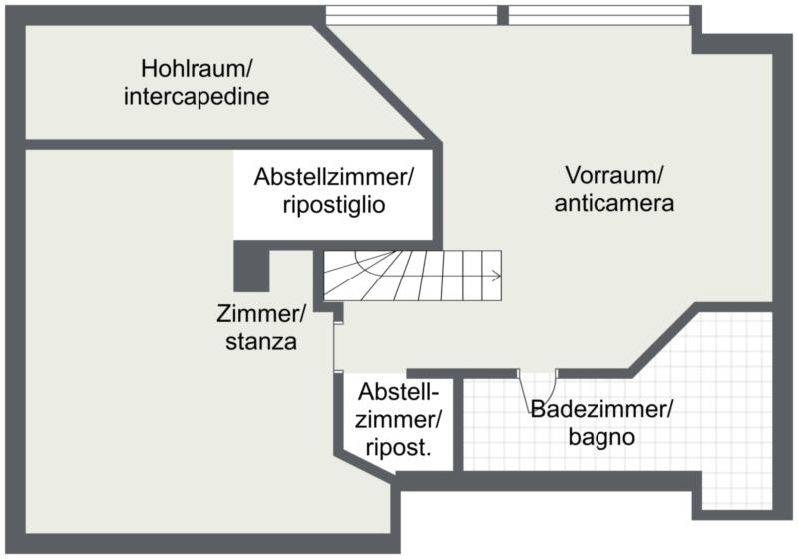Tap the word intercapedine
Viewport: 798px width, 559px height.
pos(199,97)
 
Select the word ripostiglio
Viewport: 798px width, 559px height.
pos(333,204)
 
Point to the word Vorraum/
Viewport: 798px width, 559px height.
pos(613,175)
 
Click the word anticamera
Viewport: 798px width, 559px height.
pos(614,203)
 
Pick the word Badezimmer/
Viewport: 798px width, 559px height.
pos(602,409)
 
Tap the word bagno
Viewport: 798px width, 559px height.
pos(602,436)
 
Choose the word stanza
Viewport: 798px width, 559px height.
pos(259,342)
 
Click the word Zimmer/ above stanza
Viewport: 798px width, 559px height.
pos(261,315)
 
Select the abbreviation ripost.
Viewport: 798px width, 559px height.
pos(398,447)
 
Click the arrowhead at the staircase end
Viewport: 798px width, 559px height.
pos(496,275)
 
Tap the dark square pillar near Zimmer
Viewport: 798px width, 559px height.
pos(251,265)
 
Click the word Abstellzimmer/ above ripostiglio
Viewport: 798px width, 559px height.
pos(333,177)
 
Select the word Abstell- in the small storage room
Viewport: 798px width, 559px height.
pos(398,391)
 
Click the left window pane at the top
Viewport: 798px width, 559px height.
pos(411,15)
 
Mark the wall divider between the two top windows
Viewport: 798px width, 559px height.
pos(503,15)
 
